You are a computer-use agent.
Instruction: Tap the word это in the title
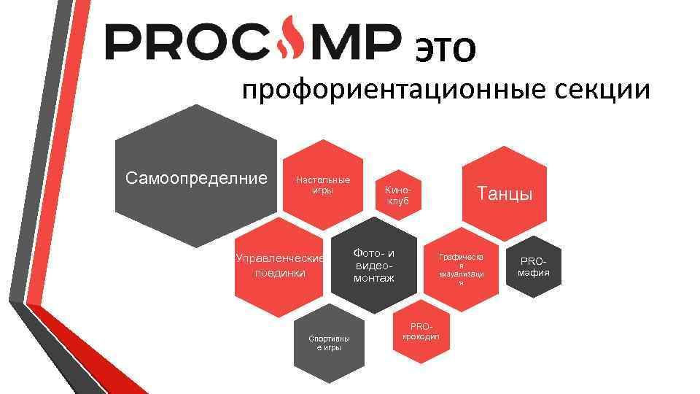445,46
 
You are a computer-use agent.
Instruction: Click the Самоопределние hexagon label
196,178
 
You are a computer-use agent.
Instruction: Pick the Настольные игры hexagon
322,185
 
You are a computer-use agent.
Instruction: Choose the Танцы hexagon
504,193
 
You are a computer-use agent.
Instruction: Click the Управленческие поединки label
280,266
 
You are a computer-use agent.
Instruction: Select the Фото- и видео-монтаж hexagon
374,266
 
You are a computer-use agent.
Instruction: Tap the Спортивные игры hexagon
329,342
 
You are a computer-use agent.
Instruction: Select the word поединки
280,273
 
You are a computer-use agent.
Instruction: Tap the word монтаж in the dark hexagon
374,278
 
